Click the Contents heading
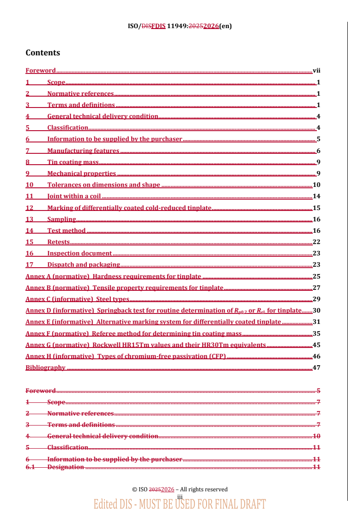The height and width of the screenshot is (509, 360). [43, 53]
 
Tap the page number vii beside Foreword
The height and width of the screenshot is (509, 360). [316, 71]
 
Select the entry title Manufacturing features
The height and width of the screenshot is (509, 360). [83, 151]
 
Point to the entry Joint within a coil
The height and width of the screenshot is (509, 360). [74, 196]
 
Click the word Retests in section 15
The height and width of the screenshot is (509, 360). [59, 242]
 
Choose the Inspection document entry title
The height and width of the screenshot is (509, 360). [79, 253]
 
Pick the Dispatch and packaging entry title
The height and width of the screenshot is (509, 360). [84, 264]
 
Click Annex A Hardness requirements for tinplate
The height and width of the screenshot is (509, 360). [113, 276]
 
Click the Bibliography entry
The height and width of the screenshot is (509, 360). [45, 367]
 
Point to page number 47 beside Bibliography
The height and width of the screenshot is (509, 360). [316, 367]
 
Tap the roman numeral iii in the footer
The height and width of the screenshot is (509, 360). [180, 497]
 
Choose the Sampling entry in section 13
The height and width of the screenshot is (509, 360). [61, 219]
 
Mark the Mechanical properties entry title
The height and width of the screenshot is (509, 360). [81, 173]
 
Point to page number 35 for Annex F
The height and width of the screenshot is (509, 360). [316, 333]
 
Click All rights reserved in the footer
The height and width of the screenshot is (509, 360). [204, 489]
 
